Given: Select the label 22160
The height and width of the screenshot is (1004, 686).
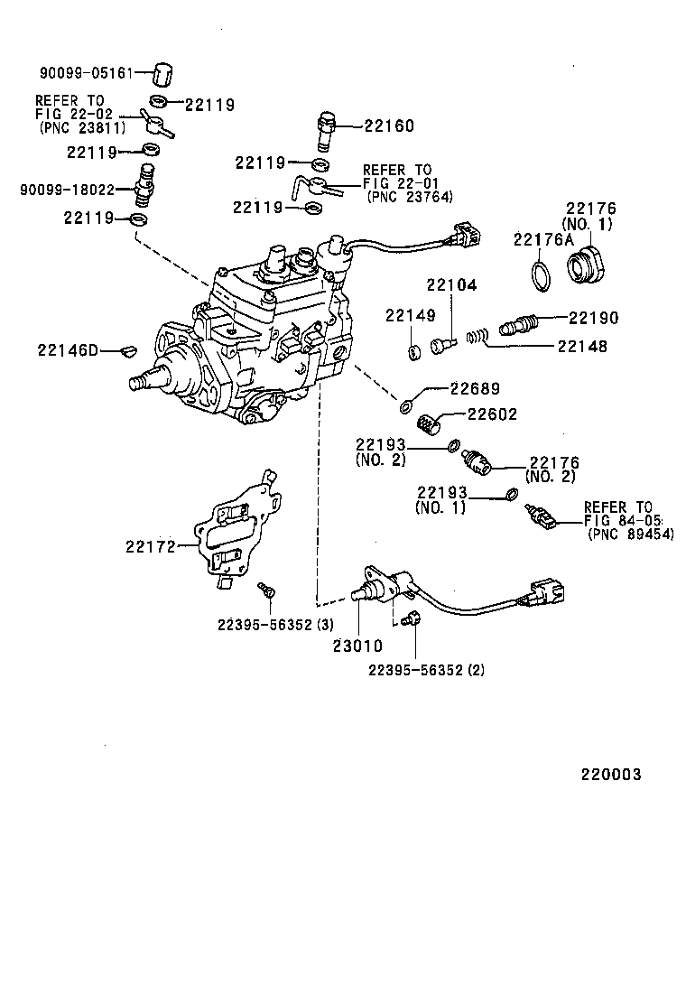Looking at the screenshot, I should (389, 126).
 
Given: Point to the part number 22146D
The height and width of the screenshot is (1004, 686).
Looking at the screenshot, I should (67, 349).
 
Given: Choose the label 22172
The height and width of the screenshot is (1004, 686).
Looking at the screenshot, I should (149, 545).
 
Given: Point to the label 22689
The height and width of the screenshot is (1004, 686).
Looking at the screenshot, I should (475, 389).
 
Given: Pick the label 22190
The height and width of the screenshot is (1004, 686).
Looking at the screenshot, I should (593, 318).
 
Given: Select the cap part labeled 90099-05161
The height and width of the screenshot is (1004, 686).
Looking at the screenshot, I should (162, 72).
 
